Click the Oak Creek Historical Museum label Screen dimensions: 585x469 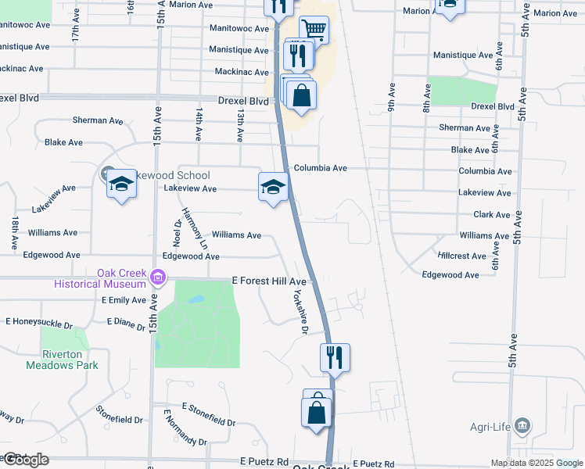click(99, 278)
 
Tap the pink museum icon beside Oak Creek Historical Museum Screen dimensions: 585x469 click(159, 277)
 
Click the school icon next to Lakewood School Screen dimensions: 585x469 click(120, 184)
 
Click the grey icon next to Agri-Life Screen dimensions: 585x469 click(524, 427)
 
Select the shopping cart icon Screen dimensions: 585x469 click(313, 30)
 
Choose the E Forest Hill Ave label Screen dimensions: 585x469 click(269, 281)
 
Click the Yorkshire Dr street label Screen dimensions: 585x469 click(296, 313)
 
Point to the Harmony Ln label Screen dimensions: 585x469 click(195, 227)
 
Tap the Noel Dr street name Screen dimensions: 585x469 click(177, 232)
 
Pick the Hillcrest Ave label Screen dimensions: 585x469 click(461, 256)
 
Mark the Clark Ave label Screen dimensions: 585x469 click(492, 214)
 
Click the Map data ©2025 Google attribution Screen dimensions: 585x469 click(536, 463)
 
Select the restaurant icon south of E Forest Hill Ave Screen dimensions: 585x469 click(335, 357)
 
